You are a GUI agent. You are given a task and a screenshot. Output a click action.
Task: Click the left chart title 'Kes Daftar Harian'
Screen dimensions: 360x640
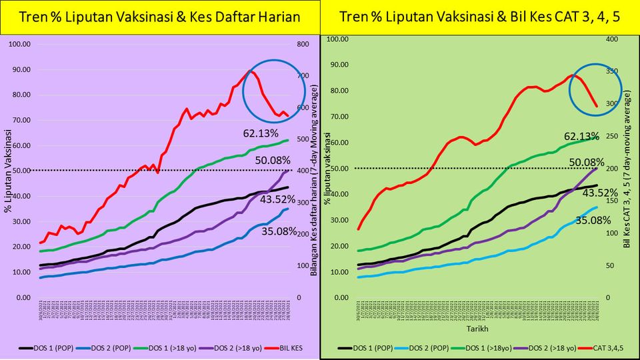click(160, 17)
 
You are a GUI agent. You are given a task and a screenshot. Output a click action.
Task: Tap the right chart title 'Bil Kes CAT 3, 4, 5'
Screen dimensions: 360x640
click(479, 17)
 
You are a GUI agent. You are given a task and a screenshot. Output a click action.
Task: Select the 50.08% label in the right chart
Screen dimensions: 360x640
click(581, 162)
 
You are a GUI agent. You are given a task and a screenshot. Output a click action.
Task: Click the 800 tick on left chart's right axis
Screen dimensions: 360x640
click(302, 44)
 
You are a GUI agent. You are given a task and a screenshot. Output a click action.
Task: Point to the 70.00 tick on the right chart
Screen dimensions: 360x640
click(340, 117)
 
